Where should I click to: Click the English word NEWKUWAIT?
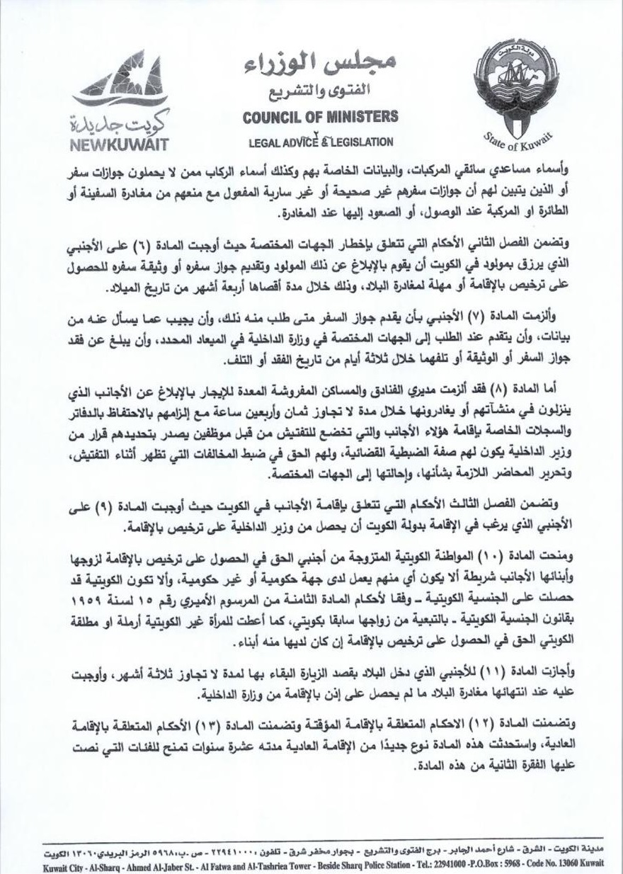point(119,142)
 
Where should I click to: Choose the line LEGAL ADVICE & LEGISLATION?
point(321,142)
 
